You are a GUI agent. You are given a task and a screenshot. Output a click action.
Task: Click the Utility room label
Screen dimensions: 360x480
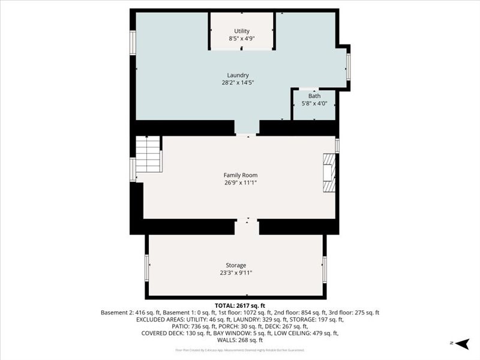[x=242, y=31]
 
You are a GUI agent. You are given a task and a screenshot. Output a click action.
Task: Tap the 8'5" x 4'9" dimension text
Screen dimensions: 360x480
[x=242, y=39]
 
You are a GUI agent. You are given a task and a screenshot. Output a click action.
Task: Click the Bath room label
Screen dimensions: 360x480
[x=314, y=96]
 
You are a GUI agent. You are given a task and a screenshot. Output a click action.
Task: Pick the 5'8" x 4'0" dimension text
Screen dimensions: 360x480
[x=314, y=103]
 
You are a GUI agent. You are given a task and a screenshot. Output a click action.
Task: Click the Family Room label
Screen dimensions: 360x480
[x=241, y=175]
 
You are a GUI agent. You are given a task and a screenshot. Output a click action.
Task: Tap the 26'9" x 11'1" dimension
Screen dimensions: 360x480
[x=241, y=182]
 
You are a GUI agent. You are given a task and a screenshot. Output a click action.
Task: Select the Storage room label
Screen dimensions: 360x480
[x=236, y=265]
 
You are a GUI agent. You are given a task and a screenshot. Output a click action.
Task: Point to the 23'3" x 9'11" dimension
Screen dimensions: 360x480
[x=236, y=273]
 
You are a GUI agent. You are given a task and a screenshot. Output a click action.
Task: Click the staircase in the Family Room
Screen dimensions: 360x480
[x=148, y=154]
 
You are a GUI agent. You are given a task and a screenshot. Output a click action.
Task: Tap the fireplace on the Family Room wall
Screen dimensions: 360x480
[x=329, y=172]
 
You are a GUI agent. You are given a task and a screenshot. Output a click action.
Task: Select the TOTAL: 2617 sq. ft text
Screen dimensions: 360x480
[x=240, y=305]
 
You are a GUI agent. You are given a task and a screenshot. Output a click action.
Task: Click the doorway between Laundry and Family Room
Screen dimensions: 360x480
[x=247, y=128]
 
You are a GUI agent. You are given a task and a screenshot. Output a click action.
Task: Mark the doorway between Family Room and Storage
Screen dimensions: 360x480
[x=247, y=226]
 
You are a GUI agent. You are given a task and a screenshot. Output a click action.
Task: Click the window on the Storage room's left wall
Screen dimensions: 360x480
[x=146, y=268]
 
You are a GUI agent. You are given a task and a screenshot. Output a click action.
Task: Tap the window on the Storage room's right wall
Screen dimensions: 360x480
[x=325, y=269]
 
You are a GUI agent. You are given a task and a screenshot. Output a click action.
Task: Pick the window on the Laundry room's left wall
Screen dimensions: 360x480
[x=133, y=43]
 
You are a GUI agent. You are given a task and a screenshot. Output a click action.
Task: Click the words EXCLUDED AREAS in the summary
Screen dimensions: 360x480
[x=160, y=320]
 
